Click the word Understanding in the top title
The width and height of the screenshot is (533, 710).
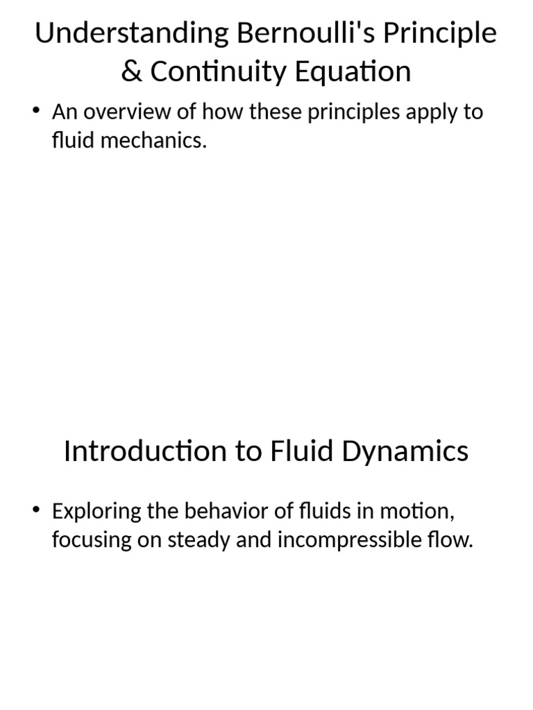(x=132, y=34)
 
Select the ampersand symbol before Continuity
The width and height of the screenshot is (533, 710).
(x=131, y=71)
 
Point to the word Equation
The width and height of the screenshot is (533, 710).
(x=353, y=72)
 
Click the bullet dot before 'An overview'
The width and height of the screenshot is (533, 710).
(x=36, y=110)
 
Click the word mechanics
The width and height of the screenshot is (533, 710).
(x=153, y=140)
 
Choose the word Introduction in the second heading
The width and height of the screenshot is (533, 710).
(x=145, y=451)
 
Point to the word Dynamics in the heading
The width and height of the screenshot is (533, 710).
(x=405, y=452)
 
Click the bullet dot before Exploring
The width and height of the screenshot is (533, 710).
(x=36, y=510)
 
